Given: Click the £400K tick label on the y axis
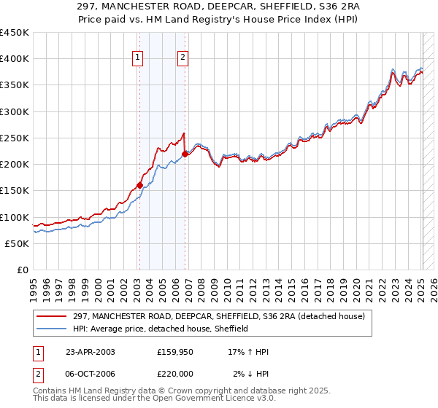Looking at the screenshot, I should click(x=15, y=59).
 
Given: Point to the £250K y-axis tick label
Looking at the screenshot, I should click(x=15, y=138).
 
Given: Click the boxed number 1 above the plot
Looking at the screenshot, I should click(x=139, y=59).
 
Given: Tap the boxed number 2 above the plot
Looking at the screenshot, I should click(x=182, y=59).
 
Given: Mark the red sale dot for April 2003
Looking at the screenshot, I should click(x=139, y=186).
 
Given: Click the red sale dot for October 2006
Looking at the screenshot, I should click(x=185, y=154).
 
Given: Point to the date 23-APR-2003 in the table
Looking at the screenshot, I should click(x=90, y=352).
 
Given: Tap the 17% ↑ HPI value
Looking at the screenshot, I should click(x=248, y=352).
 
